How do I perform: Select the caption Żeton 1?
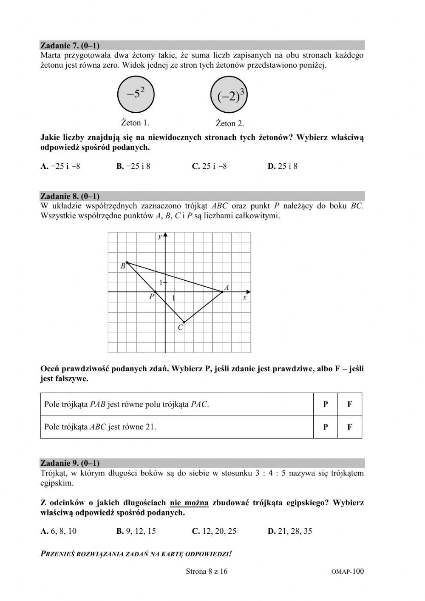(x=135, y=123)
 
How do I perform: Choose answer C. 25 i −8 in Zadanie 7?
(x=209, y=166)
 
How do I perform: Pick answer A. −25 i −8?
(x=60, y=166)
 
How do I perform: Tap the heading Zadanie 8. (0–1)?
(x=70, y=196)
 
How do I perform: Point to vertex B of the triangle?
(x=127, y=263)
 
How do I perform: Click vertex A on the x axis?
(x=222, y=292)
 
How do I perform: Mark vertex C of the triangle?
(x=184, y=322)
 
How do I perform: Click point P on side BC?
(x=155, y=292)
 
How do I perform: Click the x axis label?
(x=244, y=298)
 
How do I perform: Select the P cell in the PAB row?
(x=325, y=404)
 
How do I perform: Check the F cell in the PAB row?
(x=349, y=404)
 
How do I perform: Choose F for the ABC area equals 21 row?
(x=349, y=427)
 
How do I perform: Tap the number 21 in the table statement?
(x=150, y=427)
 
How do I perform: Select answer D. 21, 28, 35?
(x=290, y=531)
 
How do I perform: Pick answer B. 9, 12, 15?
(x=136, y=531)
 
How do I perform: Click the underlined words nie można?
(x=189, y=503)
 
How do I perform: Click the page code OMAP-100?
(x=347, y=572)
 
